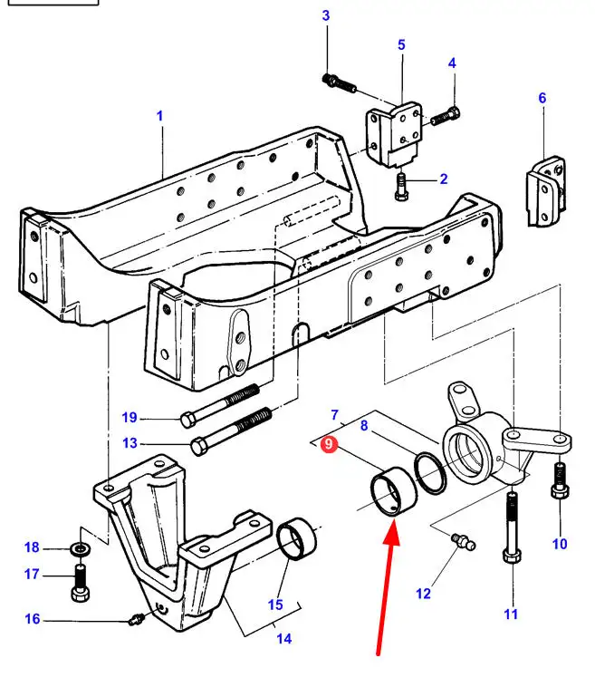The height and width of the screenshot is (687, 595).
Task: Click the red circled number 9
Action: point(329,444)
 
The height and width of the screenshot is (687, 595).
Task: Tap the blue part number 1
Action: point(159,116)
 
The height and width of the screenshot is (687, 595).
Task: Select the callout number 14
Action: point(284,638)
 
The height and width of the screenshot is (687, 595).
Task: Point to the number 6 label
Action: point(542,98)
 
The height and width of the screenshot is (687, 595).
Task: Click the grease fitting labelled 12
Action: point(463,541)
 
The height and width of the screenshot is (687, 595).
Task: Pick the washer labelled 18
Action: point(81,547)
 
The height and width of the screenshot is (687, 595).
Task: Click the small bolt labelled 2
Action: point(402,187)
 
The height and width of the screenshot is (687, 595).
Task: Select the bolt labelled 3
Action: point(339,82)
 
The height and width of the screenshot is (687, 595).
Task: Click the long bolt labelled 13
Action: point(232,431)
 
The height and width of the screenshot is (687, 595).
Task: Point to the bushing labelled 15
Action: point(297,539)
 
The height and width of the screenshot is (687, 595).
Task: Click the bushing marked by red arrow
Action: point(394,491)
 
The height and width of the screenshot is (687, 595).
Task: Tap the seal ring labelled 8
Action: point(430,473)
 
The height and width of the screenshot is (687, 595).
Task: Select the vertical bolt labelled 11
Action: point(513,527)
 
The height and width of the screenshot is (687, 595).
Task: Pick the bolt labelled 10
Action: point(560,480)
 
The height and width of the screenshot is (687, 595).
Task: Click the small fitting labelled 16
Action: point(137,619)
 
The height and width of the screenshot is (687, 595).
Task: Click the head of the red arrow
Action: point(392,531)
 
